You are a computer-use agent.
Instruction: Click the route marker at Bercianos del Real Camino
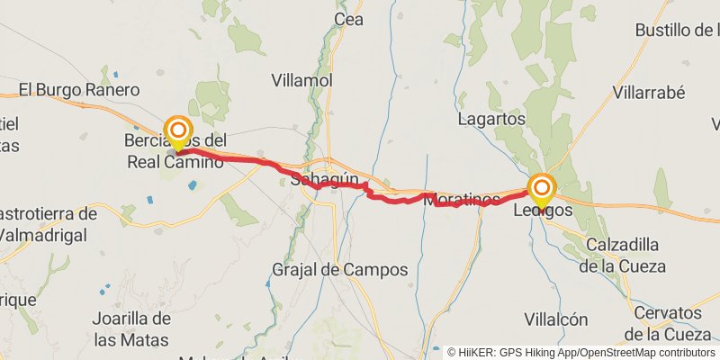pyautogui.click(x=178, y=131)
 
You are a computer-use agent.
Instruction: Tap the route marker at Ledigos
pyautogui.click(x=542, y=189)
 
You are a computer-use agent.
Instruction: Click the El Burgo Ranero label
pyautogui.click(x=80, y=90)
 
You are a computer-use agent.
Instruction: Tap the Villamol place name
pyautogui.click(x=302, y=80)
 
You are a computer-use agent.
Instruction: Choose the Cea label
pyautogui.click(x=347, y=19)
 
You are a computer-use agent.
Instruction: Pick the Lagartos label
pyautogui.click(x=491, y=119)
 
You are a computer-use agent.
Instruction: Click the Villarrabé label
pyautogui.click(x=649, y=92)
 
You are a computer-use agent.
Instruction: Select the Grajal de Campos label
pyautogui.click(x=340, y=269)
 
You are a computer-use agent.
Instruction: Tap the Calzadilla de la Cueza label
pyautogui.click(x=622, y=256)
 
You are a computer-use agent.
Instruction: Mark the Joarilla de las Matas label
pyautogui.click(x=131, y=328)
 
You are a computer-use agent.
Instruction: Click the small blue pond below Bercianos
pyautogui.click(x=193, y=185)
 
